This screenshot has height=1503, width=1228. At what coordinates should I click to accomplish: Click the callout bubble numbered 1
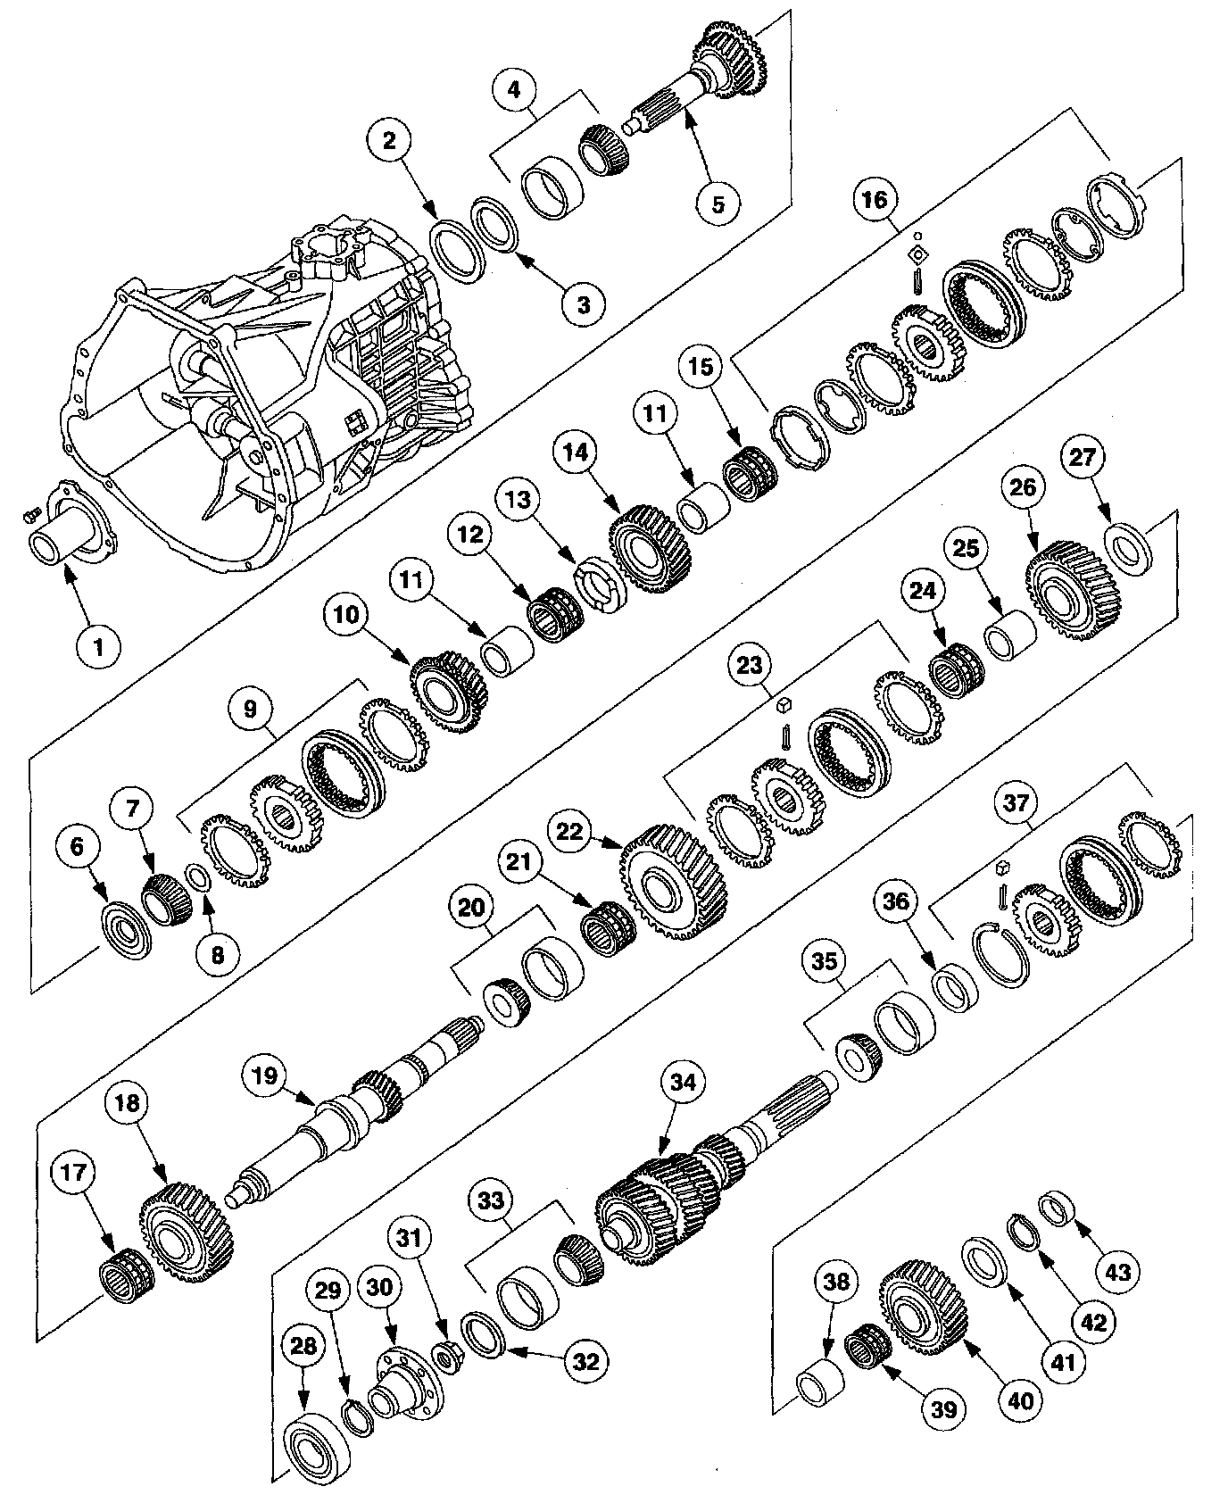click(x=98, y=646)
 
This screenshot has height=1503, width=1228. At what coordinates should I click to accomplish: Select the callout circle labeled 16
click(x=875, y=200)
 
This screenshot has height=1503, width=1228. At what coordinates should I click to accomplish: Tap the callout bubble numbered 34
click(x=682, y=1082)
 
